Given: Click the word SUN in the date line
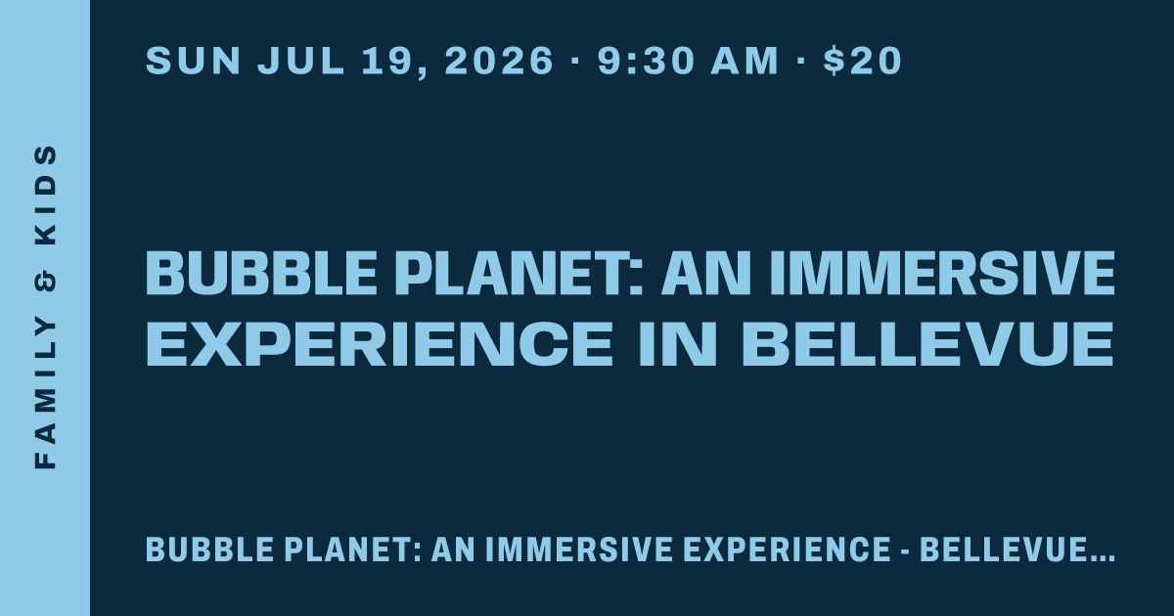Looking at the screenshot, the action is coord(193,61).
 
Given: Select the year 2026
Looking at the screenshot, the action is coord(499,61).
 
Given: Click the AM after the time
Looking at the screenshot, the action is coord(745,61).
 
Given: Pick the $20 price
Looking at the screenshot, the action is coord(863,61).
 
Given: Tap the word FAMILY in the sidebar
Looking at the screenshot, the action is coord(46,393).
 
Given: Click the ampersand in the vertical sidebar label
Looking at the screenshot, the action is coord(46,282).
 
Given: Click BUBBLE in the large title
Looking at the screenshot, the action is coord(261,274).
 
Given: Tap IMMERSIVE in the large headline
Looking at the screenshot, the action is coord(942,274).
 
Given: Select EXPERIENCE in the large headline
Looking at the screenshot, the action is coord(380,343).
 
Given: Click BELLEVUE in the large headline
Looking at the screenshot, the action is coord(927,343).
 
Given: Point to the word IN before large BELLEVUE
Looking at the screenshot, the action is coord(677,343).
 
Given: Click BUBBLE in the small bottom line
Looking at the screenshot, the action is coord(209,550).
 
